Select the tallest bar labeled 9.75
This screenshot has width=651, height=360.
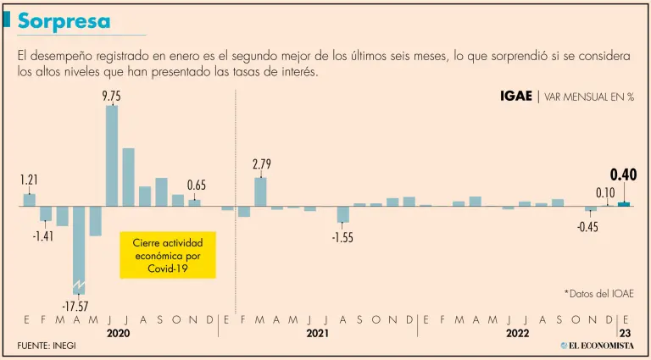(111, 155)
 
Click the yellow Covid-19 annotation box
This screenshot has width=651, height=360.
(168, 255)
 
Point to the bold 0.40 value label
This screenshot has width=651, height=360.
(623, 175)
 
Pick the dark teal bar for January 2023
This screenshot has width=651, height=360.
(624, 203)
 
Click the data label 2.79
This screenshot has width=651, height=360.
(261, 164)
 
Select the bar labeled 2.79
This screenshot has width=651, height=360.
(261, 191)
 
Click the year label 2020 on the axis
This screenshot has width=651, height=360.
(119, 335)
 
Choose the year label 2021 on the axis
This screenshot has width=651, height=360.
(318, 335)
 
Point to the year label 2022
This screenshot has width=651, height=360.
(517, 335)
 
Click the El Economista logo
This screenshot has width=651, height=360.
(596, 346)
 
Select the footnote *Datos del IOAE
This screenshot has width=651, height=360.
(598, 293)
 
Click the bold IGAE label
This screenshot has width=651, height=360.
(516, 97)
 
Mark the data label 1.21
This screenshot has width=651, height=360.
(29, 180)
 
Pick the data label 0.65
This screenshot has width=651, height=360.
(196, 186)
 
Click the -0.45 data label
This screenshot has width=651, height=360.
(587, 226)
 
